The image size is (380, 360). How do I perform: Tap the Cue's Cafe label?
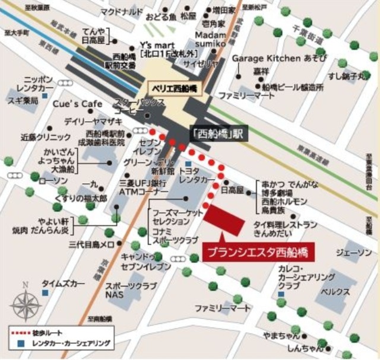[x=77, y=104]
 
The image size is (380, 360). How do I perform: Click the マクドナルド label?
[x=121, y=11]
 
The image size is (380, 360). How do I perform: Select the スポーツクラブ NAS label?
[x=122, y=290]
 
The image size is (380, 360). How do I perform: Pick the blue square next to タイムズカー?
[x=46, y=292]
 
